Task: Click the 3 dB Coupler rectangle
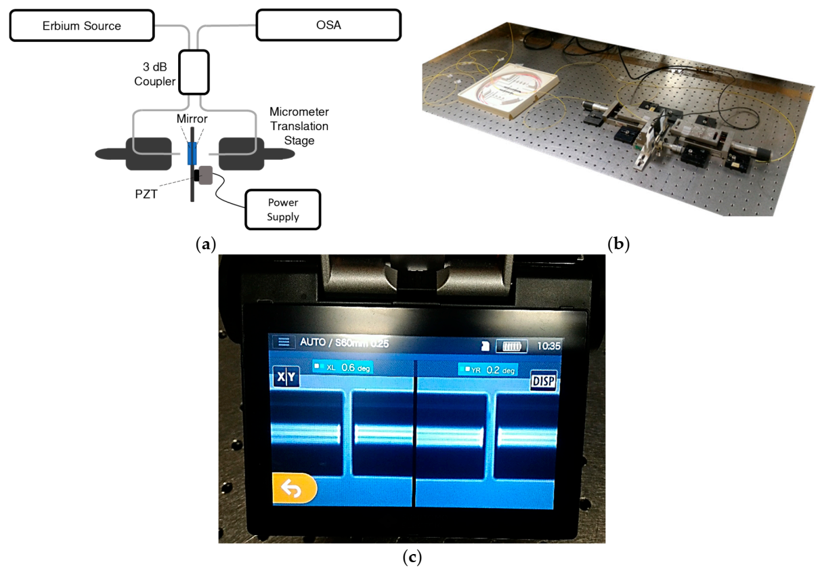coord(193,71)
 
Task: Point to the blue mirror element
coord(192,154)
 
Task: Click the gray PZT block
coord(205,176)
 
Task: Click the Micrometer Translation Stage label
coord(299,127)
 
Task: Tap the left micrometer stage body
coord(147,154)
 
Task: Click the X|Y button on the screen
coord(286,377)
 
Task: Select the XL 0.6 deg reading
coord(343,367)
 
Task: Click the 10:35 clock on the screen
coord(548,345)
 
